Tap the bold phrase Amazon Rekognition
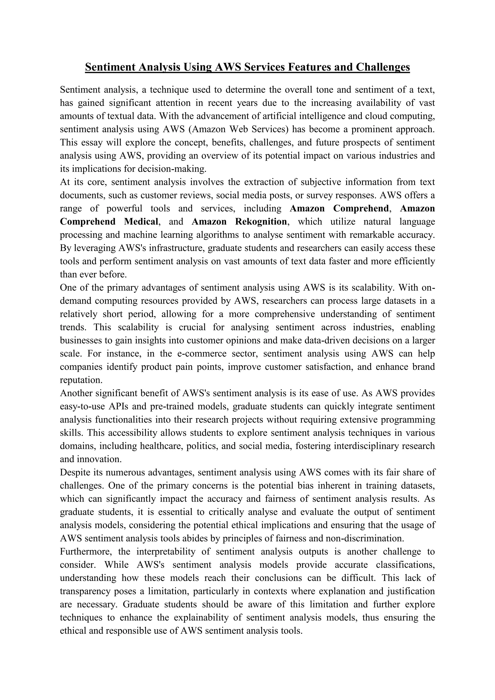point(239,221)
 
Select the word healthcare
point(159,446)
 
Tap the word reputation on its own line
point(81,380)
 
